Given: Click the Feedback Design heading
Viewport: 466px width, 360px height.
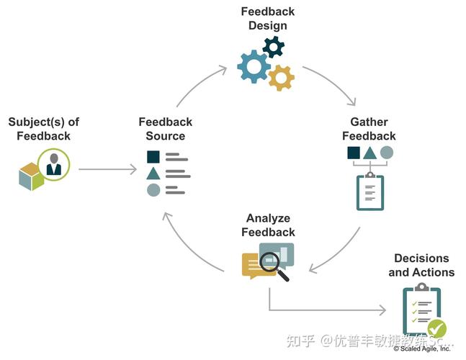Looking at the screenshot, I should [267, 19].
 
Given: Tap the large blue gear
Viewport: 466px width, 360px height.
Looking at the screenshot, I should [253, 66].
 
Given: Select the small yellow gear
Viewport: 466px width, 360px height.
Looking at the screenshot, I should [281, 76].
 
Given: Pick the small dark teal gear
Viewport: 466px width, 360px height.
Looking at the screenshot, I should [274, 48].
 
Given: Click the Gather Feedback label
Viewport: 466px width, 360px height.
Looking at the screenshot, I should [369, 129].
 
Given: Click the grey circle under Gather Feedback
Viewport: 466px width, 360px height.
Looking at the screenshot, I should [387, 153].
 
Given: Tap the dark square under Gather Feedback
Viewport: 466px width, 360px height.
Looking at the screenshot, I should [354, 153].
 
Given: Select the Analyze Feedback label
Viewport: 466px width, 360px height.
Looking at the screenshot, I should [268, 225].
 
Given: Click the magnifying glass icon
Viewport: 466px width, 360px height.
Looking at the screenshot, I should [272, 266].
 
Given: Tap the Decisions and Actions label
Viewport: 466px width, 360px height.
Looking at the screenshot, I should [421, 265].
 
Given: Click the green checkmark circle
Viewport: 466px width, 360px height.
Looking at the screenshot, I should [436, 330].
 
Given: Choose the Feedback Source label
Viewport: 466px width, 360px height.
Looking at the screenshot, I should [166, 129].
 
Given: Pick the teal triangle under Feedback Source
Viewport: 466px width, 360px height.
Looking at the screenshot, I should [153, 174].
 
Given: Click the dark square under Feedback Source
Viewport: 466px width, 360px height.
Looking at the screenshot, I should [153, 157].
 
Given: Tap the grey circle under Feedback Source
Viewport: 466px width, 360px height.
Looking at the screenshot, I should [153, 190].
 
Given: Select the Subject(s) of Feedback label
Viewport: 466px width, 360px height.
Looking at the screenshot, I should [40, 129].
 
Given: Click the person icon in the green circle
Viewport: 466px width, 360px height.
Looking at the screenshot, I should [54, 165].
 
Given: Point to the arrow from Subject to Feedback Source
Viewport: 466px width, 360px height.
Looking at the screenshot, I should [107, 170].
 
